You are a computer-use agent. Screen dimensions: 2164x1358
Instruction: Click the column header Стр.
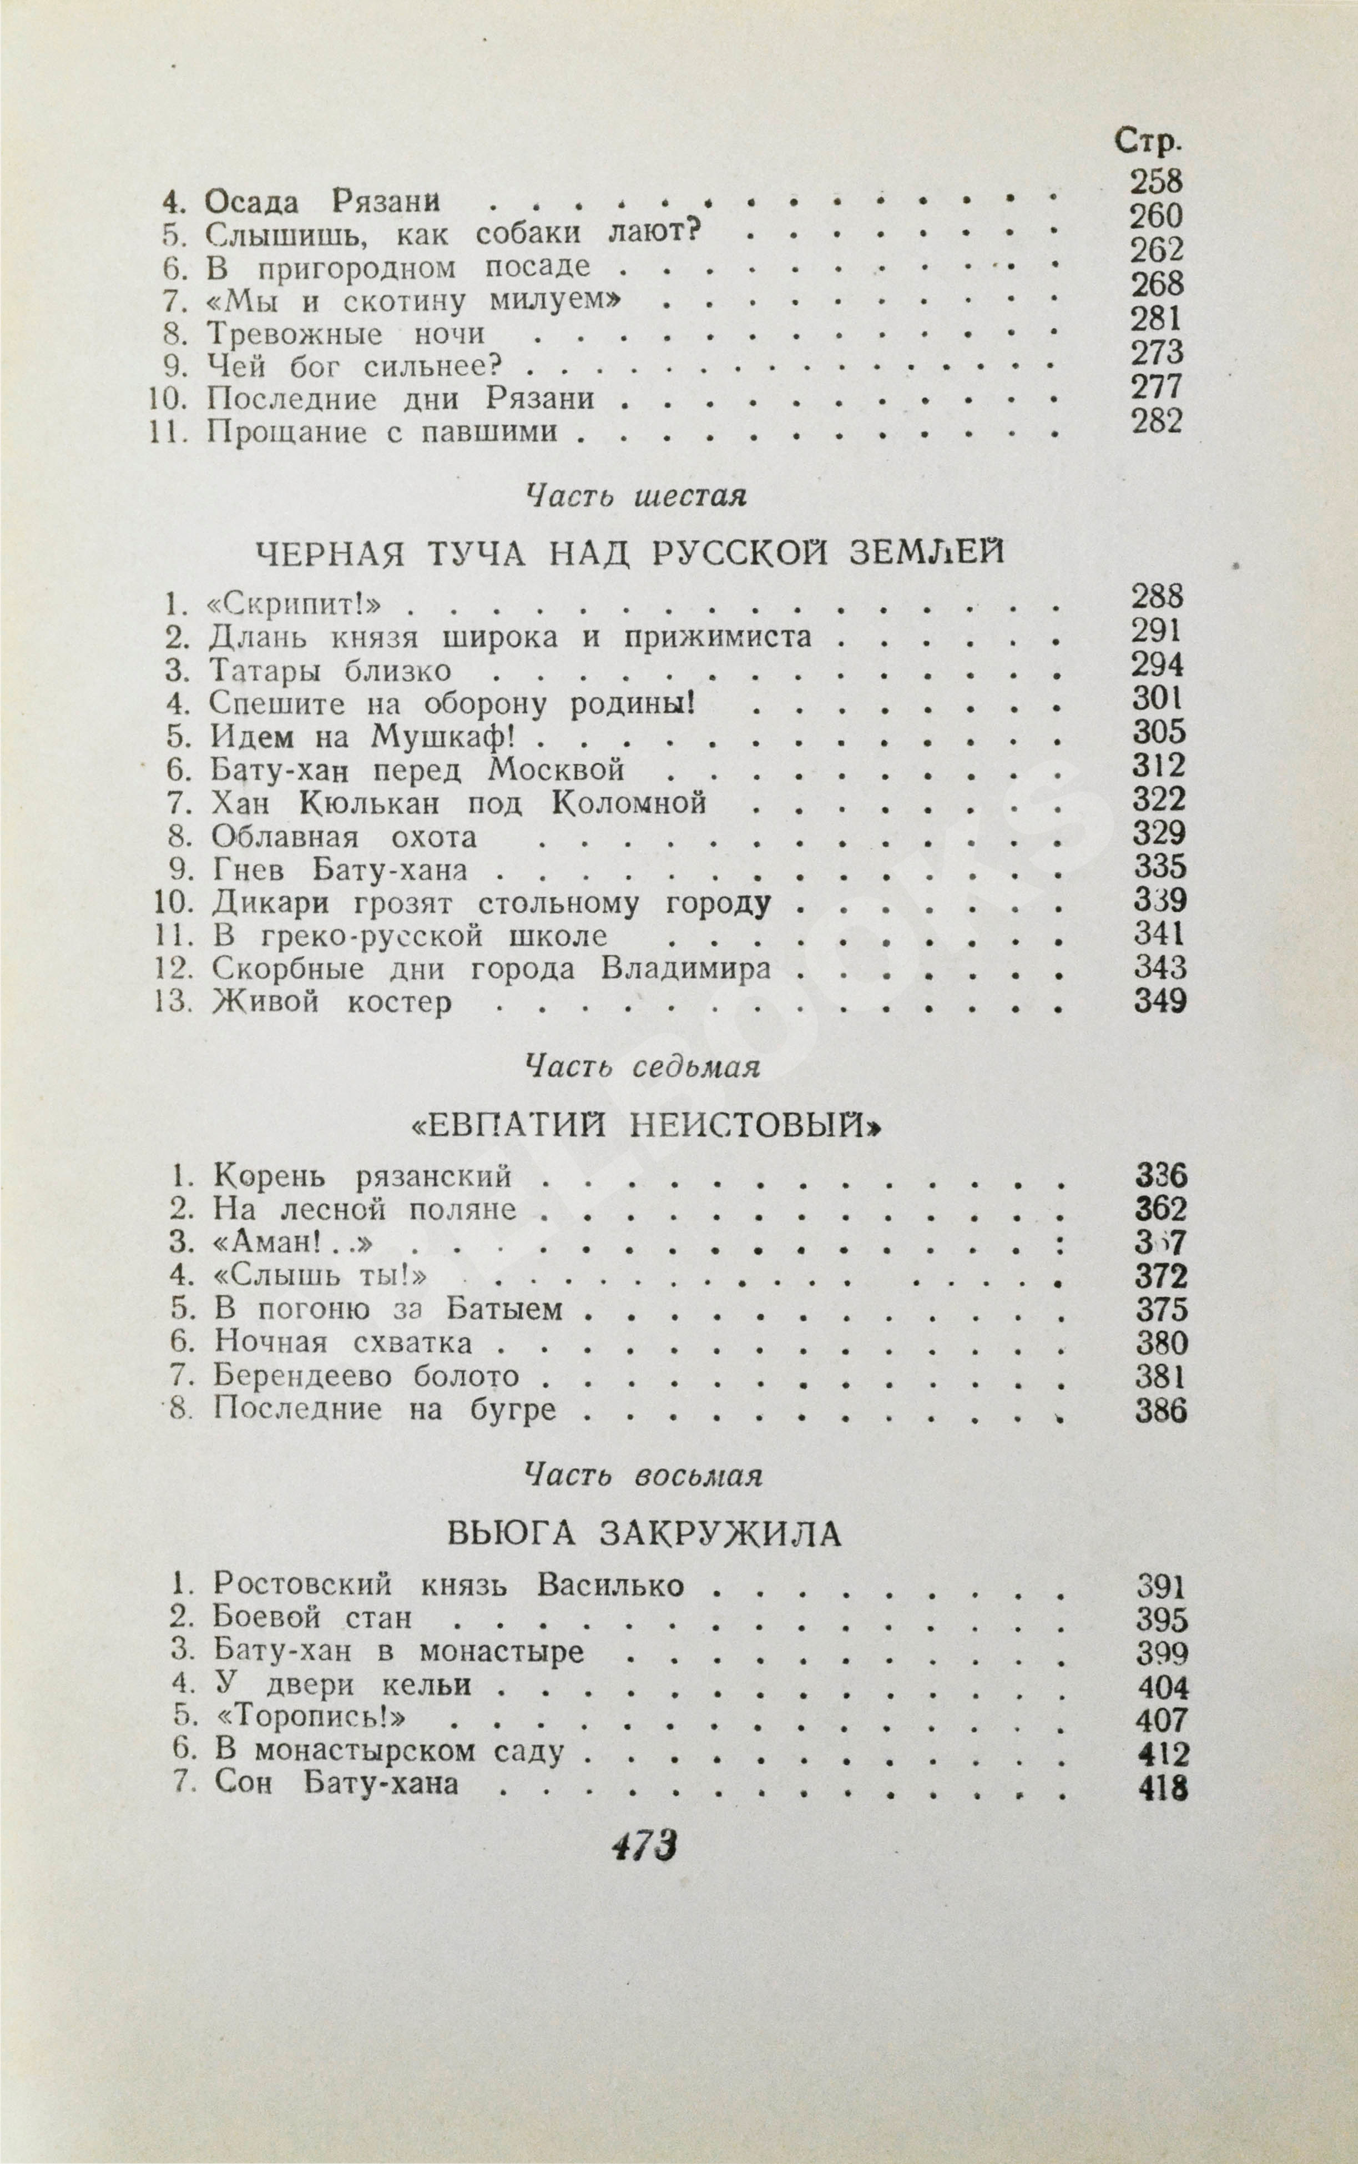[x=1148, y=141]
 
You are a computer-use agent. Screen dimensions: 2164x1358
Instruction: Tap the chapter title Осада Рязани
[x=322, y=201]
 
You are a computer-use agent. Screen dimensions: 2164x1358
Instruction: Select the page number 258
[x=1157, y=182]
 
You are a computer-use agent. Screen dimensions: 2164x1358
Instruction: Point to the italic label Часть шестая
[x=635, y=495]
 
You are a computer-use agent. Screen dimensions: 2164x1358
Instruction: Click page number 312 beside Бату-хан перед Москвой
[x=1159, y=766]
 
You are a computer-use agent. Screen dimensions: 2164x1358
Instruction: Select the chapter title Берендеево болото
[x=366, y=1376]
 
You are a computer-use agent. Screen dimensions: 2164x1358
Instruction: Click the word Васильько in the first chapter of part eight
[x=611, y=1587]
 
